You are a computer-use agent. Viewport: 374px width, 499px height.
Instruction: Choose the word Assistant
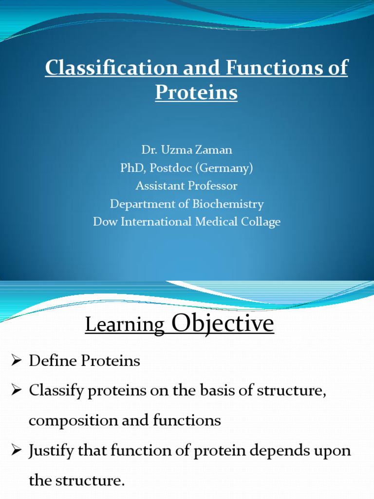point(163,186)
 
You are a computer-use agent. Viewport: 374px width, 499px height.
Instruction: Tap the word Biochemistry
point(228,204)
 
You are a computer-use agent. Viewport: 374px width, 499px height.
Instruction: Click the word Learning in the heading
point(125,326)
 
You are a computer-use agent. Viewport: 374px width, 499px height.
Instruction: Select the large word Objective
point(223,323)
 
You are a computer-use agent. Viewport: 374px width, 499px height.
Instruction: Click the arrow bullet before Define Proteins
point(17,361)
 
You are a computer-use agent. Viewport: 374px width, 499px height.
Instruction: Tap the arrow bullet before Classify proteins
point(17,391)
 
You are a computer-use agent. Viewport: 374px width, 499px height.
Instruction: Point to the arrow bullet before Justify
point(17,451)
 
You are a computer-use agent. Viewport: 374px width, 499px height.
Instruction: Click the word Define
point(51,361)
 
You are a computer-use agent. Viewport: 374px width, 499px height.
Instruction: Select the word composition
point(68,421)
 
